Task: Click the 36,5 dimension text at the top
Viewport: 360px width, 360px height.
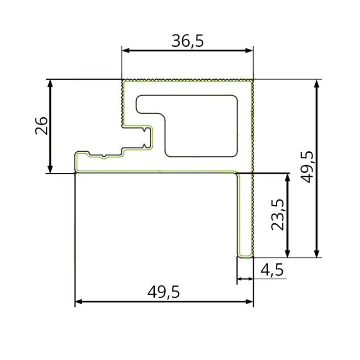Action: pyautogui.click(x=188, y=41)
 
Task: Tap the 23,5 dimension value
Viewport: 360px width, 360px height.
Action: pyautogui.click(x=278, y=214)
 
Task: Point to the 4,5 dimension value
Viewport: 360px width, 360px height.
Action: pyautogui.click(x=272, y=269)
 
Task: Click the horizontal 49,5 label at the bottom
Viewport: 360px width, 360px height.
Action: pyautogui.click(x=164, y=292)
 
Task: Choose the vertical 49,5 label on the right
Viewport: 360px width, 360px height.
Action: pyautogui.click(x=308, y=167)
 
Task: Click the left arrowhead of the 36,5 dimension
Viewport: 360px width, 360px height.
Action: pyautogui.click(x=125, y=50)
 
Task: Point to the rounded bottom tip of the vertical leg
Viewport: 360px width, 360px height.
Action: pyautogui.click(x=245, y=255)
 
